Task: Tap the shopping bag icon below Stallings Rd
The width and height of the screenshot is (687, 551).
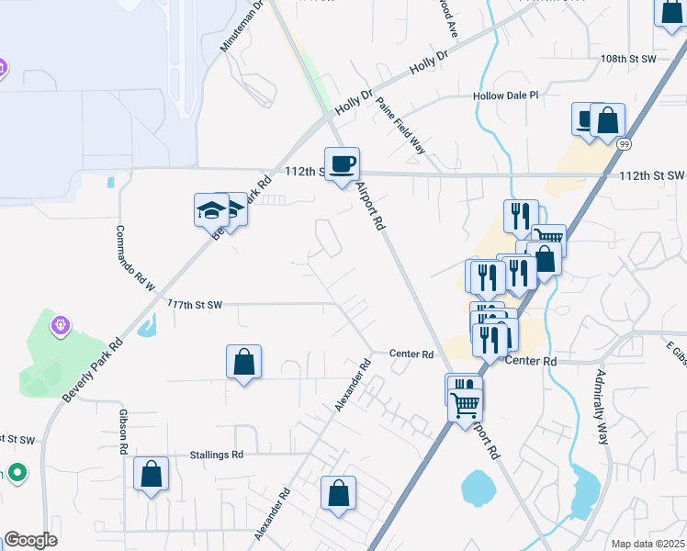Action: click(x=152, y=475)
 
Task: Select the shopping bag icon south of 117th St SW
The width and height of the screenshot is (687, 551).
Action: click(x=243, y=363)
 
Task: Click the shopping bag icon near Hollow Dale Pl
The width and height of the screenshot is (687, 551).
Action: click(x=607, y=120)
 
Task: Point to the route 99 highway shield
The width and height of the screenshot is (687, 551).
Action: click(x=625, y=144)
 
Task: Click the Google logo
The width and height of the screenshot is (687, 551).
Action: click(x=30, y=540)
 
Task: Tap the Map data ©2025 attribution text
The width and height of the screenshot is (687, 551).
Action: click(x=648, y=544)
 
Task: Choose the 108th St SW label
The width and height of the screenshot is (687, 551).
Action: click(x=627, y=59)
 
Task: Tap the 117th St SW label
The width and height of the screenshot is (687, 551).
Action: click(x=195, y=304)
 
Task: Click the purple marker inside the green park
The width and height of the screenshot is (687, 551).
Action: click(x=61, y=325)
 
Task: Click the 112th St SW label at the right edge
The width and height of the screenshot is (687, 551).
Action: click(x=651, y=174)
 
